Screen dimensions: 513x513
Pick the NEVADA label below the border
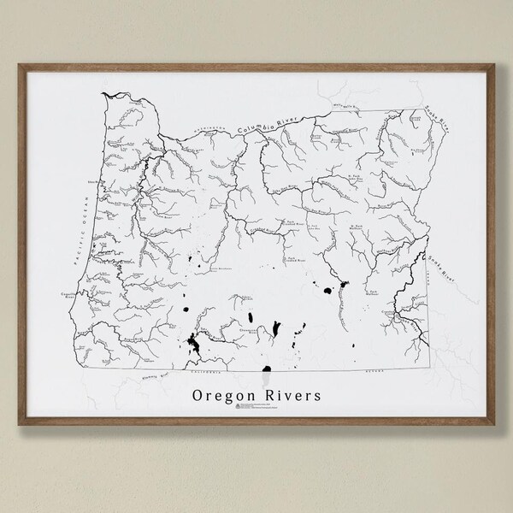[345, 374]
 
